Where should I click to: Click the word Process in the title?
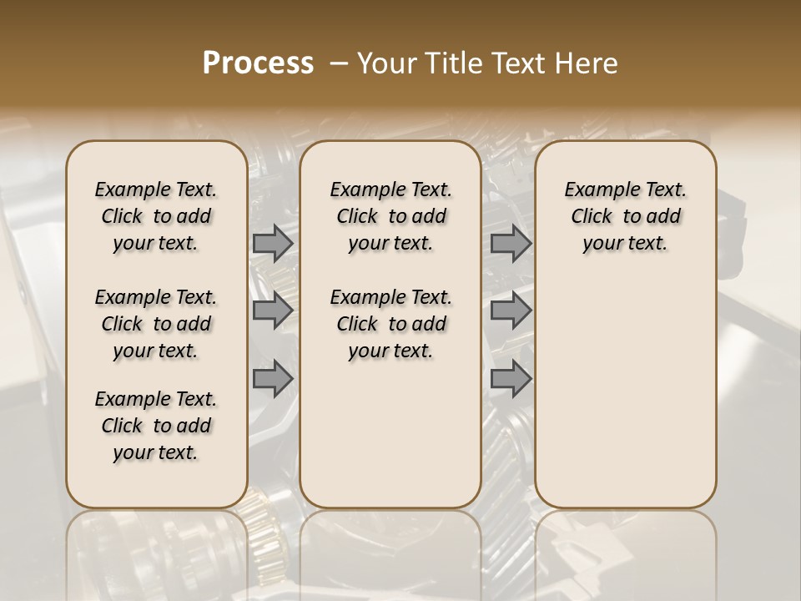click(x=258, y=63)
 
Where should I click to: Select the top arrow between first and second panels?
click(x=273, y=244)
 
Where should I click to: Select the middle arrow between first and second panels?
click(x=273, y=311)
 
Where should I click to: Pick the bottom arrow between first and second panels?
click(x=273, y=378)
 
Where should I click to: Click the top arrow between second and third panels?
click(x=511, y=244)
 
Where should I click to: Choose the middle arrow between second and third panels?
click(x=511, y=311)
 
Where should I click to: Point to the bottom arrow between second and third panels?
click(x=511, y=378)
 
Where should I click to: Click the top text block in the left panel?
click(x=156, y=216)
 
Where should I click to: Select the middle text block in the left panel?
click(x=156, y=324)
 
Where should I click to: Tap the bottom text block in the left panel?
click(x=156, y=426)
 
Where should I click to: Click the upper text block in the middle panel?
click(x=390, y=216)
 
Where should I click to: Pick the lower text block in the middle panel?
click(x=390, y=324)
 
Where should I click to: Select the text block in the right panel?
click(x=625, y=216)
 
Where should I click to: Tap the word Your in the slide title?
click(x=386, y=63)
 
